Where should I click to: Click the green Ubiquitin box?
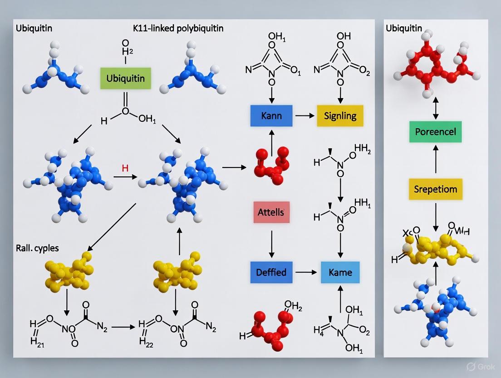click(126, 78)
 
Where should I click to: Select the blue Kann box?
click(271, 115)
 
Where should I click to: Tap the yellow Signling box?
click(340, 115)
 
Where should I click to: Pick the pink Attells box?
click(271, 212)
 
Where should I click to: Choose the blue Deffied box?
click(271, 272)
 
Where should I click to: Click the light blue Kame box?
click(340, 273)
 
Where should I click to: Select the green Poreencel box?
click(436, 132)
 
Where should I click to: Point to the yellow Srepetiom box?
click(436, 189)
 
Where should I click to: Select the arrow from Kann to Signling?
click(305, 116)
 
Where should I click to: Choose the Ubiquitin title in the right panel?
click(403, 28)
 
